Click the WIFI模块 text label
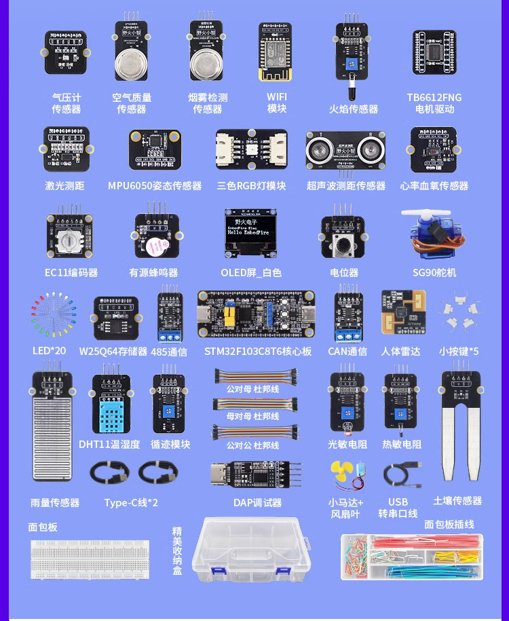pyautogui.click(x=277, y=102)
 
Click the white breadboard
pyautogui.click(x=90, y=558)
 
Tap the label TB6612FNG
pyautogui.click(x=434, y=97)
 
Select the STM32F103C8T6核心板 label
pyautogui.click(x=258, y=351)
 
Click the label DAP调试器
pyautogui.click(x=257, y=503)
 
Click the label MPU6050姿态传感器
pyautogui.click(x=155, y=185)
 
